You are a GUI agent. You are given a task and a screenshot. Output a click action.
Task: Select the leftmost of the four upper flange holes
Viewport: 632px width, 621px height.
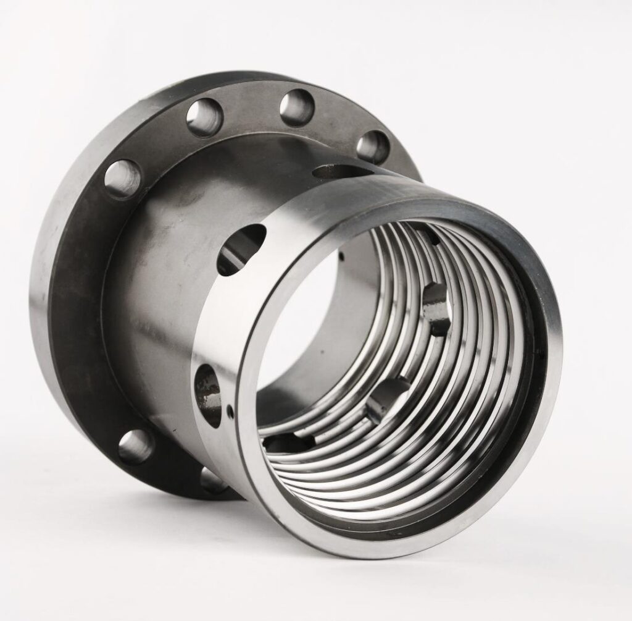122,179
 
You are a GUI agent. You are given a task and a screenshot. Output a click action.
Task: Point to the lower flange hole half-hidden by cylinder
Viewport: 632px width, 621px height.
212,479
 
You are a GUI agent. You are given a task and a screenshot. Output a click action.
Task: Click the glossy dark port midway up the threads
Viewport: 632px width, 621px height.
438,308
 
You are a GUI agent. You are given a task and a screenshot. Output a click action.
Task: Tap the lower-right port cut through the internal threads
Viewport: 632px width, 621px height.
387,395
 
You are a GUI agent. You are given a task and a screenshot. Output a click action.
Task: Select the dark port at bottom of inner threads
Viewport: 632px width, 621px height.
287,443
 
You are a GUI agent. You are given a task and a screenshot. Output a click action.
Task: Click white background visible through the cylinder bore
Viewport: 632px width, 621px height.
296,327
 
